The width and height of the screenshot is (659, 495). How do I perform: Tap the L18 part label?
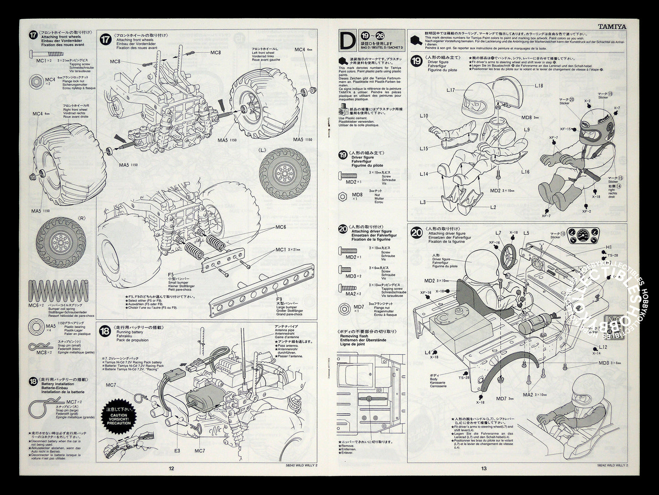point(539,85)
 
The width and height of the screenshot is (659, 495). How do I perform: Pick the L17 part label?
point(451,90)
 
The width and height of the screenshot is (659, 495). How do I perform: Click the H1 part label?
point(609,247)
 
